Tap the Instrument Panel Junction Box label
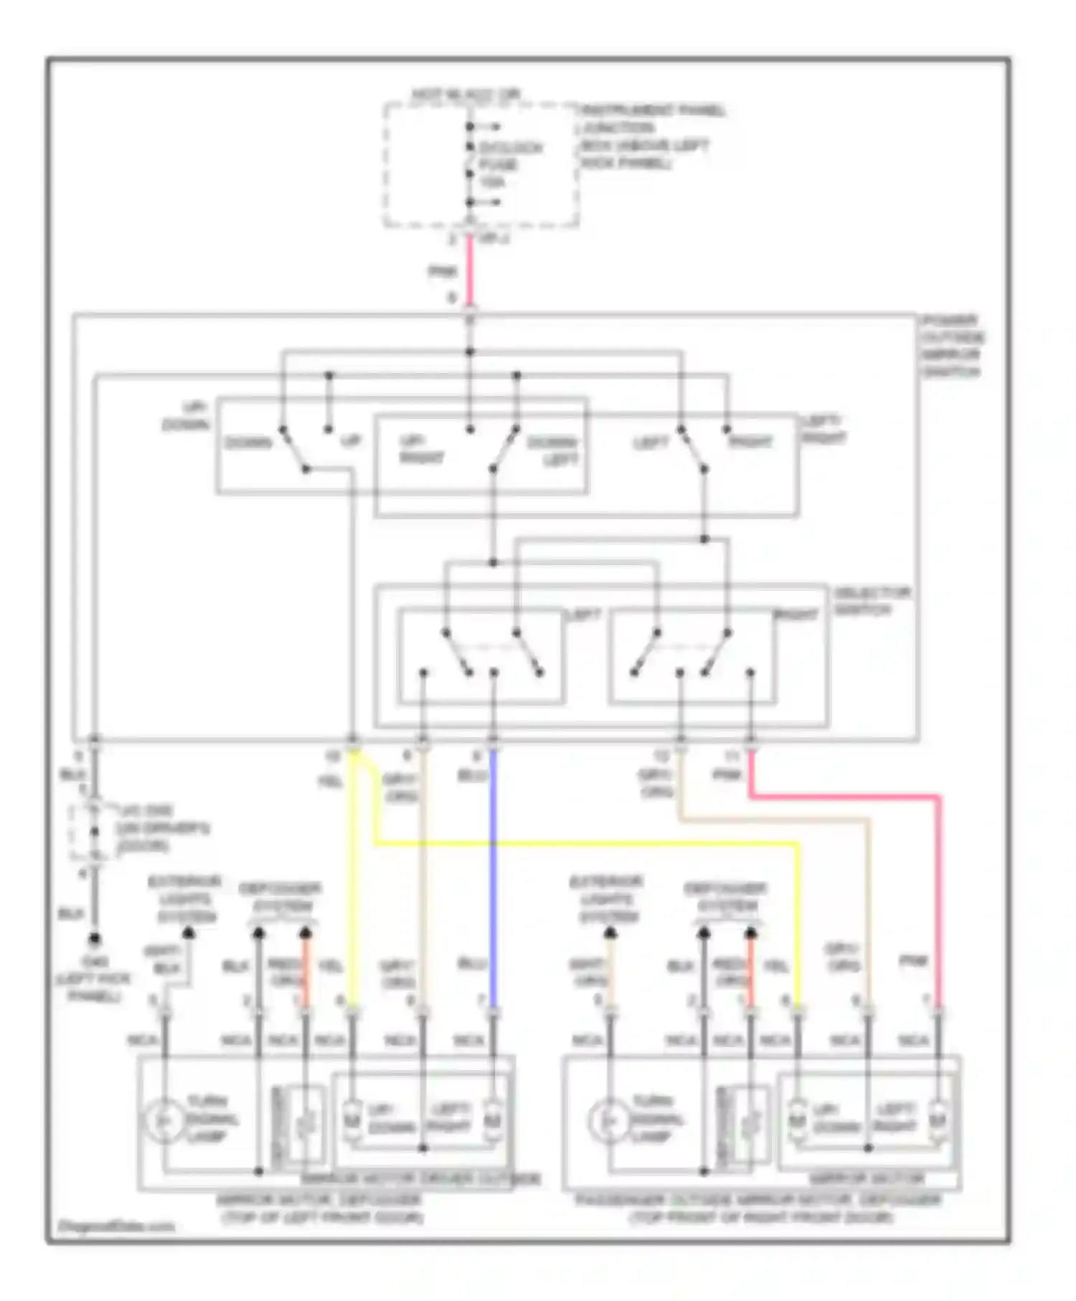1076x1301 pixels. [649, 136]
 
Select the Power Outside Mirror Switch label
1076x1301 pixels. [952, 346]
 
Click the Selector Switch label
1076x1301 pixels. [871, 601]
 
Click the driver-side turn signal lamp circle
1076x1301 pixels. [163, 1120]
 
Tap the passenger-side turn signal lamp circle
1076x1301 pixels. [607, 1120]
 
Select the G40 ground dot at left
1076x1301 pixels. [94, 939]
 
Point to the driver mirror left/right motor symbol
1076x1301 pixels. [493, 1120]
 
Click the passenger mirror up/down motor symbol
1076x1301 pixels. [797, 1120]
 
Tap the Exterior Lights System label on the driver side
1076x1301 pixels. [184, 899]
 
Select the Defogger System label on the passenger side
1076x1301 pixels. [726, 897]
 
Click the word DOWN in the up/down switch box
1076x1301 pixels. [248, 443]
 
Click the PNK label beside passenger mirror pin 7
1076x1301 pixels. [914, 961]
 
